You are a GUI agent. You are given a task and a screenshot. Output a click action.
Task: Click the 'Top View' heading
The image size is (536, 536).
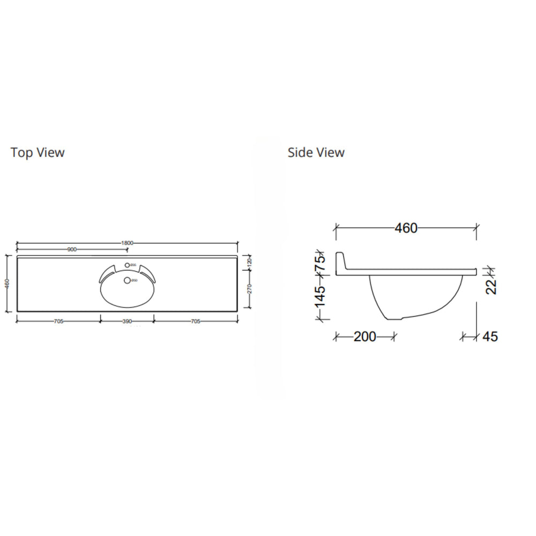click(38, 153)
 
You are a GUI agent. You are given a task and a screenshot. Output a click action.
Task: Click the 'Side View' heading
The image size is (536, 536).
click(316, 153)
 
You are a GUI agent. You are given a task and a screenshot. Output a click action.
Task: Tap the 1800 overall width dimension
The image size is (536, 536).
click(127, 243)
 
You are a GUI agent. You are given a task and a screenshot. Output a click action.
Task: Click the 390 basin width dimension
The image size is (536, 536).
click(127, 322)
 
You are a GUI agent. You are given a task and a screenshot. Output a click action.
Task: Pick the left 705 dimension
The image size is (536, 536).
click(59, 322)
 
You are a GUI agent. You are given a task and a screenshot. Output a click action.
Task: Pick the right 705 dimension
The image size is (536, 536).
click(195, 322)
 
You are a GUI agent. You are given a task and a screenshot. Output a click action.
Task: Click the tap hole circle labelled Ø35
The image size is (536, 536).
click(127, 265)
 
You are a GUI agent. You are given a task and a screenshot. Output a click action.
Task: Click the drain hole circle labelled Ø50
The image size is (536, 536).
click(127, 280)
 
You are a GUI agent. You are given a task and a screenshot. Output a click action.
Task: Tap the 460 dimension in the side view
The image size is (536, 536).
click(406, 228)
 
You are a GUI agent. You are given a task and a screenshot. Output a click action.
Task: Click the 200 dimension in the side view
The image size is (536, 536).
click(364, 337)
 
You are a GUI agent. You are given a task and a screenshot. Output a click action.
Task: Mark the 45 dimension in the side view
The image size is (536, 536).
click(489, 337)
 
